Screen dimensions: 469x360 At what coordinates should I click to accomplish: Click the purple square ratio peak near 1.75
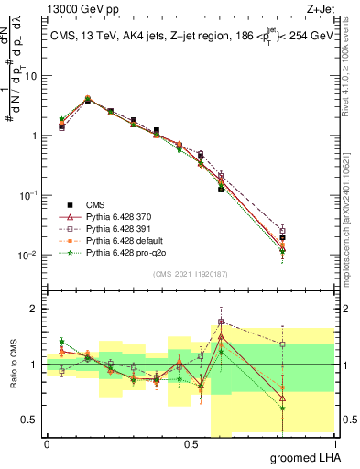point(221,322)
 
